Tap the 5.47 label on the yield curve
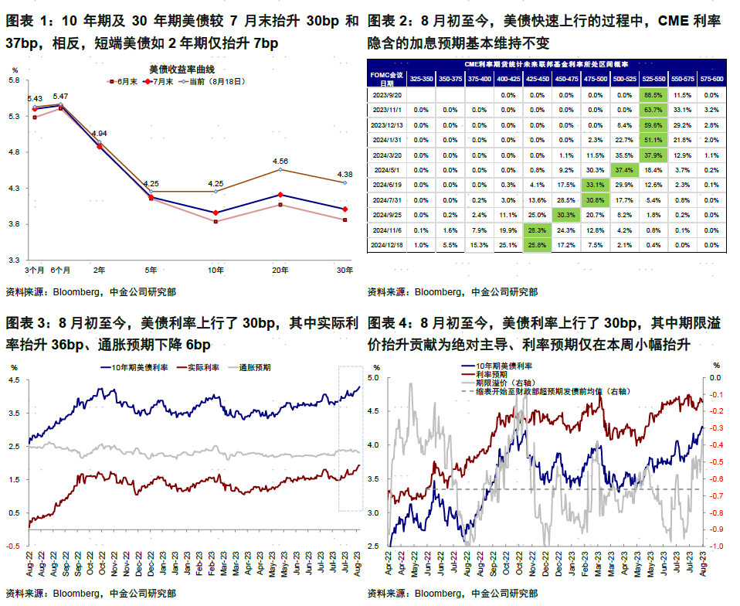[x=60, y=96]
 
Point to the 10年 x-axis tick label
[x=215, y=270]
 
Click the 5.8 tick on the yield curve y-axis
[x=15, y=80]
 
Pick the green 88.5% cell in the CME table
[x=653, y=94]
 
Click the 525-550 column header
[x=653, y=79]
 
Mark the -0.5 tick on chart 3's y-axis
[x=15, y=545]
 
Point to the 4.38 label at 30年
[x=345, y=174]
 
